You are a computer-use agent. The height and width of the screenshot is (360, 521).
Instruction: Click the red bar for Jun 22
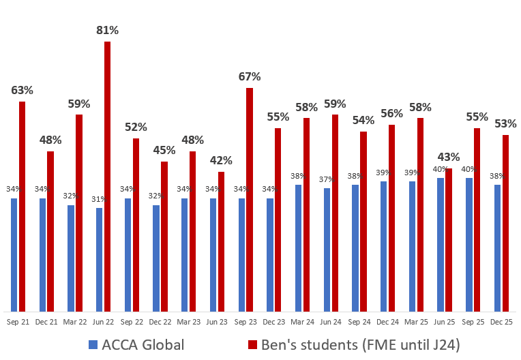point(107,177)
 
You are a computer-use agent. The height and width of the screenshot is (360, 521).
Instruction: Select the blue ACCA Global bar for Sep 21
point(14,256)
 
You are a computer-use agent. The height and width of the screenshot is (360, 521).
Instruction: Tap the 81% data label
point(107,30)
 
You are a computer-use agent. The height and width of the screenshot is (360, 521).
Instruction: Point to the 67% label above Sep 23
point(250,76)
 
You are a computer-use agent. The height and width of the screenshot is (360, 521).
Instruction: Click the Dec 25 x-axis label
point(501,320)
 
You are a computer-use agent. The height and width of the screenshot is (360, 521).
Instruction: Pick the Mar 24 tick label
point(303,320)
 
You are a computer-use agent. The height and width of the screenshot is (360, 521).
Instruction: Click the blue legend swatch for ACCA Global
point(93,345)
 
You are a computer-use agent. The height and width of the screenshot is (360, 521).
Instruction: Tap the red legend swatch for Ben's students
point(252,345)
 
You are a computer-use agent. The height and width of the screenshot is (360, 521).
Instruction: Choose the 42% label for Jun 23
point(221,161)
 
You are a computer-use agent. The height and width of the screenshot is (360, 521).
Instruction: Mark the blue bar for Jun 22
point(100,260)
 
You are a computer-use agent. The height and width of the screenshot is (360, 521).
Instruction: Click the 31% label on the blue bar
point(98,199)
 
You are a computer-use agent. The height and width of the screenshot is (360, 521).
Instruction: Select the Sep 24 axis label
point(359,320)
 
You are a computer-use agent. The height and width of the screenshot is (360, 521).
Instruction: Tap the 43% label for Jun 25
point(449,157)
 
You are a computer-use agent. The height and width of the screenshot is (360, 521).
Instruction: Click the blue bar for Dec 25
point(498,248)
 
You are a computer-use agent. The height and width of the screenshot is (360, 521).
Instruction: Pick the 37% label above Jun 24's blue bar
point(326,179)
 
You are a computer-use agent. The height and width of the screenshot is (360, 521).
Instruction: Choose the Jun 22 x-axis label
point(104,320)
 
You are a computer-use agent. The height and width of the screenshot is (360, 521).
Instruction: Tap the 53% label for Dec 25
point(505,124)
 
